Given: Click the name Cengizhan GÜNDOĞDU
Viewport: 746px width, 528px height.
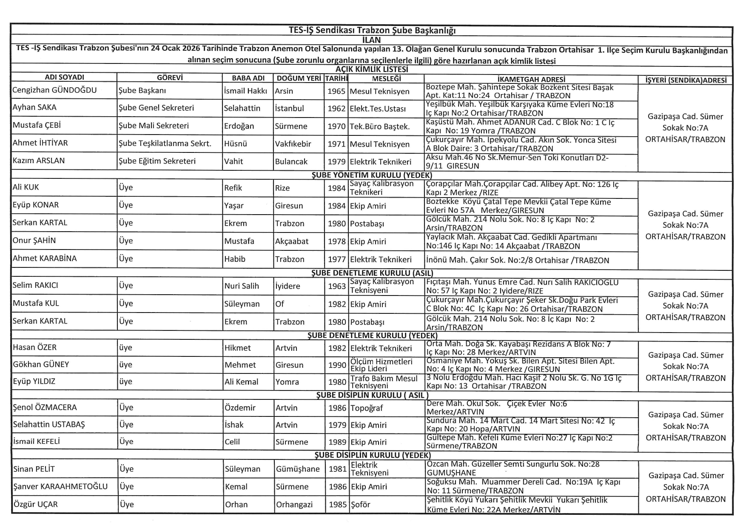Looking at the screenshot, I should point(54,90).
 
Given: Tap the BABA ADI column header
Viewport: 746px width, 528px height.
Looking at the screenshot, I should point(248,78).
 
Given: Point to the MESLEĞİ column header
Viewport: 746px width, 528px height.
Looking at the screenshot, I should point(386,78).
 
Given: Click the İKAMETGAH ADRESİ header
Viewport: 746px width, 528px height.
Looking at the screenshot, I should point(531,79).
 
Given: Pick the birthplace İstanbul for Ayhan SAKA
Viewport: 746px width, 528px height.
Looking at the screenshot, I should point(289,108).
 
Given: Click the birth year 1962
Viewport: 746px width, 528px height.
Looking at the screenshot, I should point(336,109).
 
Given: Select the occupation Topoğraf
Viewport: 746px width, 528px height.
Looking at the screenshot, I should point(367,408).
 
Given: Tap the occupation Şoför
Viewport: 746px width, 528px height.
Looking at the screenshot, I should point(360,505).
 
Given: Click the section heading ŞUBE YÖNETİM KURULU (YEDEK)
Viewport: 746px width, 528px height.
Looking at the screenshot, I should point(372,175).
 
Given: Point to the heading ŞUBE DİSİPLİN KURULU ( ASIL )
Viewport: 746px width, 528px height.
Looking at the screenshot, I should point(372,395).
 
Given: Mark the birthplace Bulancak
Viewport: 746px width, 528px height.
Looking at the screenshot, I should point(291,161).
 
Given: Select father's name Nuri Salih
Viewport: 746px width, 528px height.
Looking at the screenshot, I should point(242,286).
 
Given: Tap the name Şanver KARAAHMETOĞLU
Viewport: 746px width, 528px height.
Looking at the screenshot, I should point(60,486).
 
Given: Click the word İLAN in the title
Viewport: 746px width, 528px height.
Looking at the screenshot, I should point(371,40).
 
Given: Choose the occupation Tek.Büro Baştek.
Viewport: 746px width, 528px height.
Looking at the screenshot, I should point(379,126).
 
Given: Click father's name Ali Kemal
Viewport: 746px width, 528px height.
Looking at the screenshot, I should point(241,382).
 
